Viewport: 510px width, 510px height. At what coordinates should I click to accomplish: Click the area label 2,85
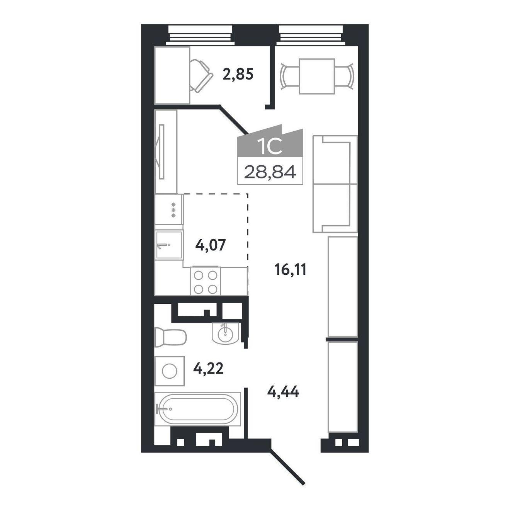238,75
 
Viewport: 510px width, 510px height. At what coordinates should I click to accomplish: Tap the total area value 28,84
270,172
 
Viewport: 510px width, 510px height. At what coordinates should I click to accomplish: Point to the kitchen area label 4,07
210,245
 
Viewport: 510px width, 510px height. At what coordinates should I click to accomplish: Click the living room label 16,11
290,270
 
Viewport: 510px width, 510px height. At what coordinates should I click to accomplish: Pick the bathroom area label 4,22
209,369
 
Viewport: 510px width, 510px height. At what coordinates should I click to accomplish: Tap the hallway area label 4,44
283,391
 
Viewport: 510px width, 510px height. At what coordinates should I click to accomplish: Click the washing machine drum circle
169,371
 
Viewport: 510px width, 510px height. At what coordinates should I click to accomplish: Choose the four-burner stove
206,280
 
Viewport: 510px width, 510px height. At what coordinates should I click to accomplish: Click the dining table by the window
317,76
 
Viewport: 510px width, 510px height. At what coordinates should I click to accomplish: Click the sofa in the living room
335,184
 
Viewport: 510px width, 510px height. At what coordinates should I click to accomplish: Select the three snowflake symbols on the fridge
174,210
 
